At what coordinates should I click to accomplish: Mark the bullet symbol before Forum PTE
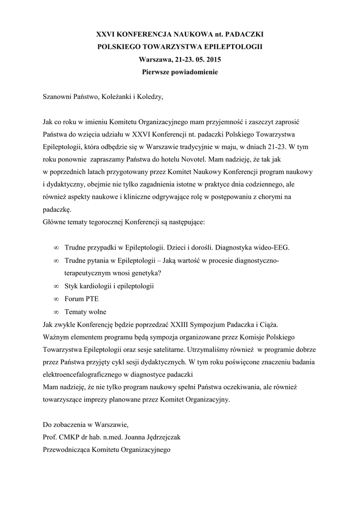click(x=56, y=299)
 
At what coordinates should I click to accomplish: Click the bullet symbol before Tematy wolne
click(x=56, y=312)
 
